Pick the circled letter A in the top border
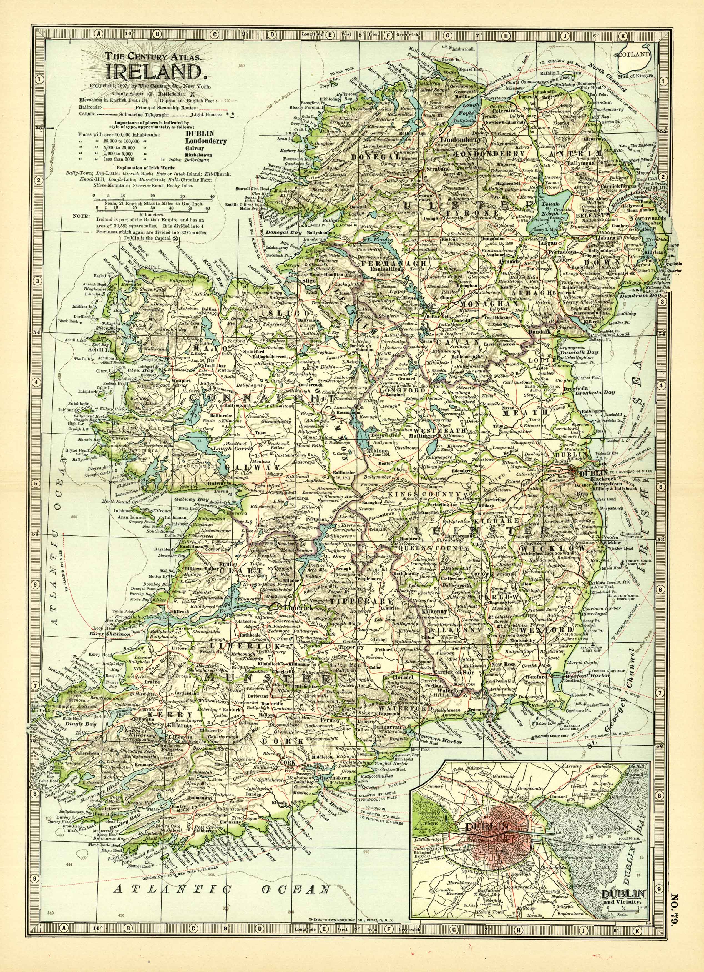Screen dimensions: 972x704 (98, 33)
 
